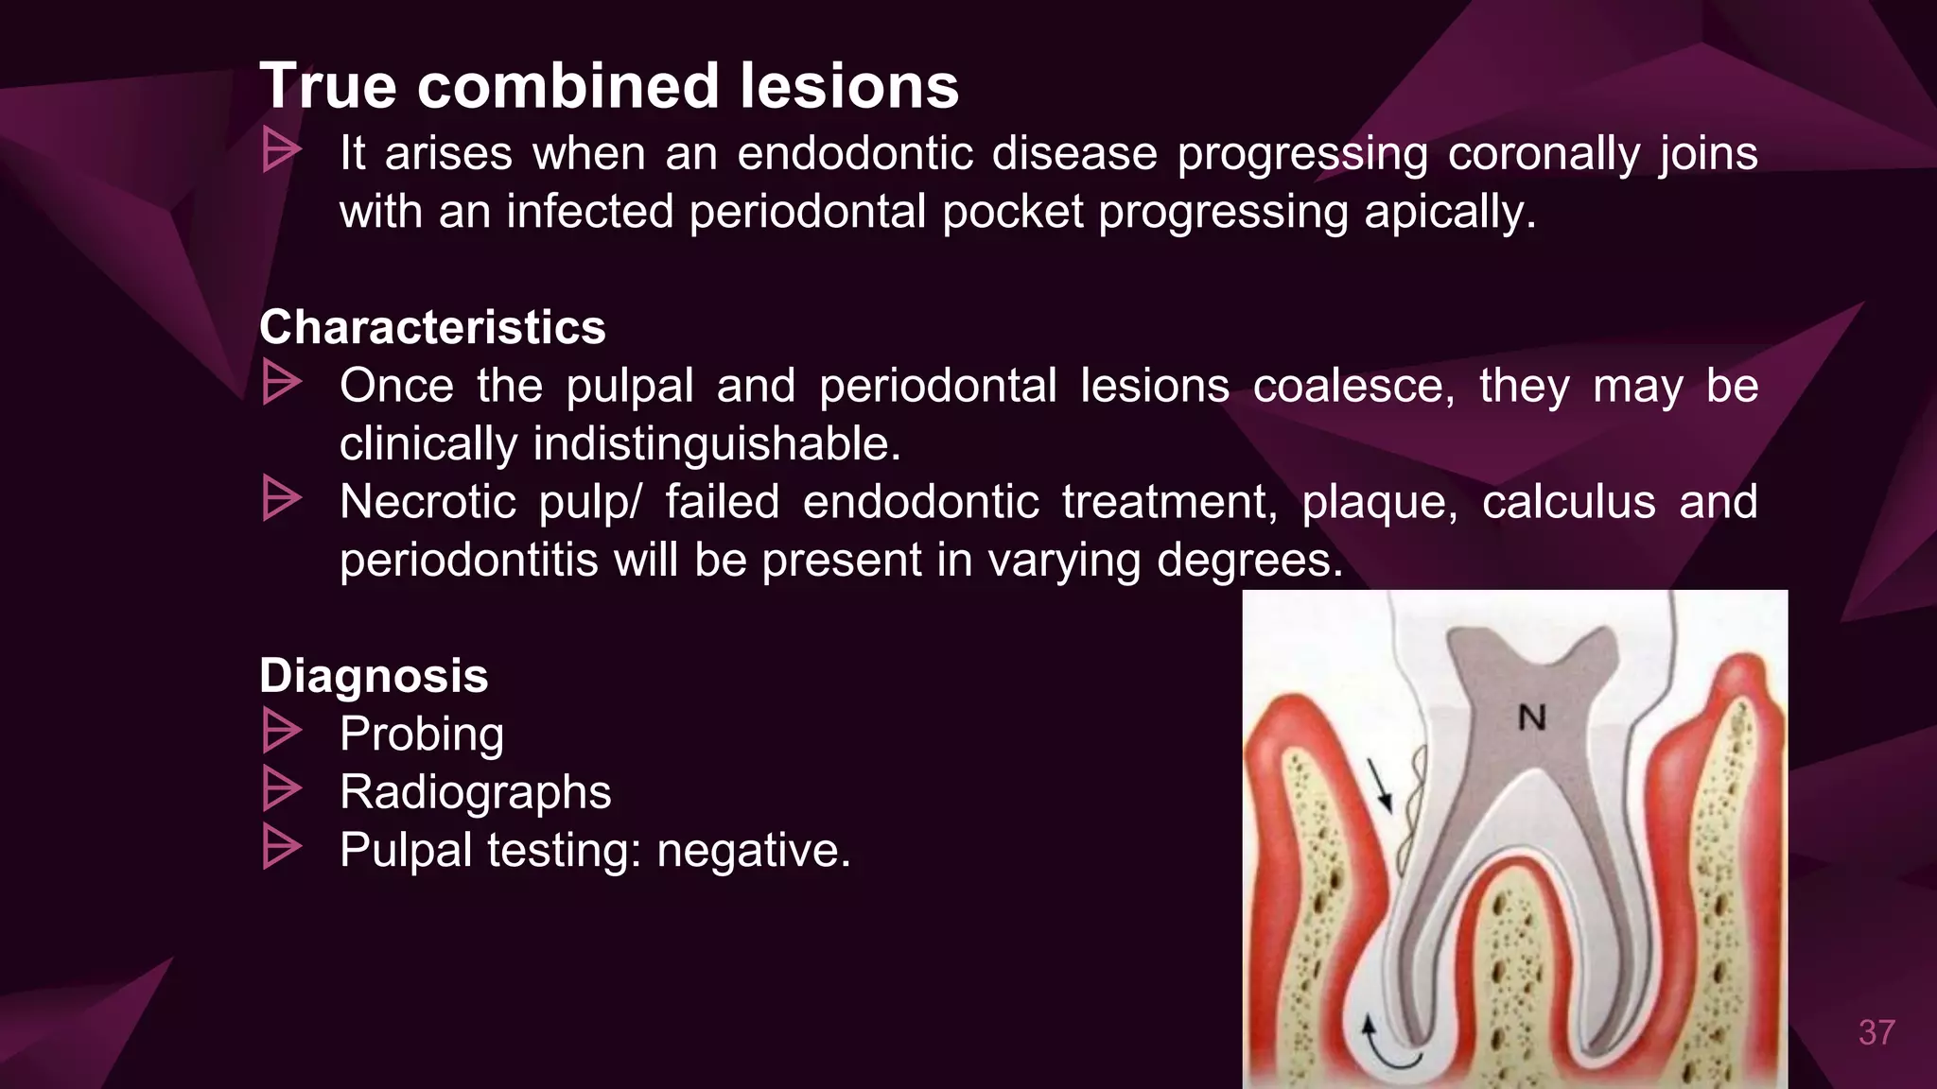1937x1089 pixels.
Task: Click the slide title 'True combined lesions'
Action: pyautogui.click(x=609, y=86)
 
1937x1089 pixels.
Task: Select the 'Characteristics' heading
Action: pyautogui.click(x=432, y=327)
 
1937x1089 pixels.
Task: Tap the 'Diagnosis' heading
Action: pyautogui.click(x=374, y=676)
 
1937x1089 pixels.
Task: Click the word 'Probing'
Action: pyautogui.click(x=422, y=735)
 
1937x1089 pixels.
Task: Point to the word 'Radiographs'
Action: pyautogui.click(x=475, y=792)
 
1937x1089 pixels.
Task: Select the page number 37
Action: pyautogui.click(x=1876, y=1032)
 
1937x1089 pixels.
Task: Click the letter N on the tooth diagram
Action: pyautogui.click(x=1531, y=717)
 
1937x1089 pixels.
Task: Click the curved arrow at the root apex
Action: pyautogui.click(x=1386, y=1045)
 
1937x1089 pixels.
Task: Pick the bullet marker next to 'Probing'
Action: pyautogui.click(x=281, y=732)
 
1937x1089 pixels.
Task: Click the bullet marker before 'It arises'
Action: pyautogui.click(x=281, y=150)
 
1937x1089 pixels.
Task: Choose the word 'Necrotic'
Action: pyautogui.click(x=428, y=502)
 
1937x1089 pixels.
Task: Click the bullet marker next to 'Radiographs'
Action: pyautogui.click(x=281, y=789)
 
